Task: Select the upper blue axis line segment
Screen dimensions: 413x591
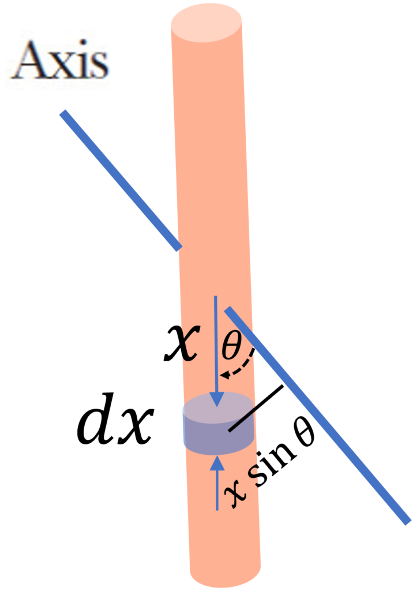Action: [121, 180]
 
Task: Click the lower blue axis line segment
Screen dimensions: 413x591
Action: [317, 416]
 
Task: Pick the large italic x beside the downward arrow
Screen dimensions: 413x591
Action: [181, 343]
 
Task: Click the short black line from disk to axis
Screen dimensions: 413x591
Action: [256, 408]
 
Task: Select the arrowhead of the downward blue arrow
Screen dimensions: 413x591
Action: [217, 399]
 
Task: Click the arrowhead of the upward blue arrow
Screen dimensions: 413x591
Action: [217, 463]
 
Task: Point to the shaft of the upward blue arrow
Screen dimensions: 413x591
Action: [217, 491]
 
